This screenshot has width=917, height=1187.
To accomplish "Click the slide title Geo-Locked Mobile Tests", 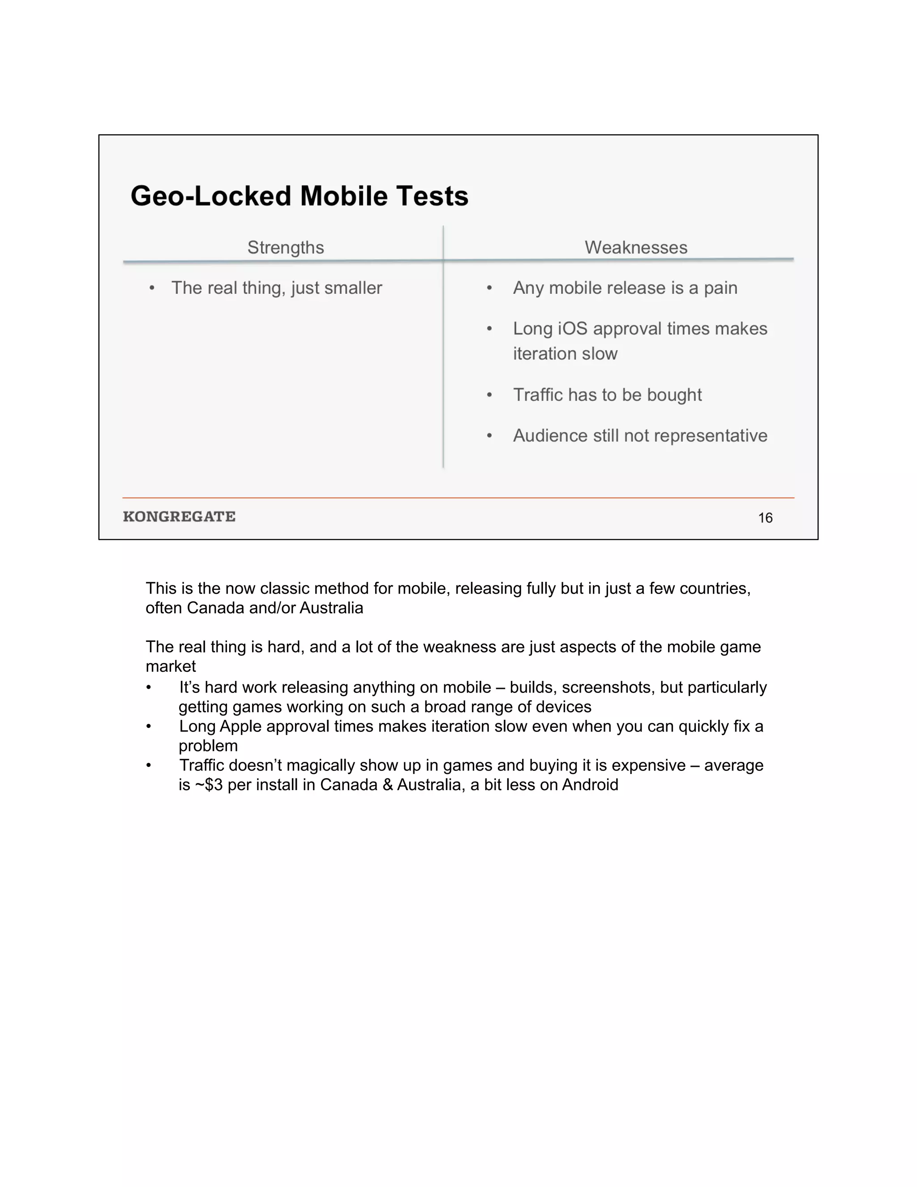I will tap(300, 196).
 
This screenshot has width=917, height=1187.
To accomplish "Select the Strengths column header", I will tap(286, 247).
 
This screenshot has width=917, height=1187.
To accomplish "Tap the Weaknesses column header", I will tap(636, 247).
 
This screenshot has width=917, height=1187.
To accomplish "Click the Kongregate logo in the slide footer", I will tap(179, 516).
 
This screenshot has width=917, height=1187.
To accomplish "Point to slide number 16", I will tap(765, 518).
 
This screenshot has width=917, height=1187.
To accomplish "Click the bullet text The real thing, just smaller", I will tap(277, 288).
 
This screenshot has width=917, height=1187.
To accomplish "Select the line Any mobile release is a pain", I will tap(625, 288).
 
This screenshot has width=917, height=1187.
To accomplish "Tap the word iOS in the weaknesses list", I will tap(573, 328).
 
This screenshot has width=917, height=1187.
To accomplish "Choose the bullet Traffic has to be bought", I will tap(607, 395).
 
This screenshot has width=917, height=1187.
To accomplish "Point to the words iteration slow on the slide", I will tap(565, 354).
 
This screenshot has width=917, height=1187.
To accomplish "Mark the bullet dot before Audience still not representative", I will tap(489, 436).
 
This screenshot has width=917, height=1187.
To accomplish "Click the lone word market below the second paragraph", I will tap(171, 667).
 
